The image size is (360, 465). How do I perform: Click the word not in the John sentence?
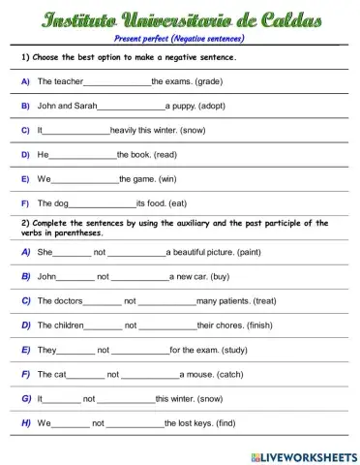tap(103, 276)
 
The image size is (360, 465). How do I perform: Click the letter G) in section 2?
tap(26, 398)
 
